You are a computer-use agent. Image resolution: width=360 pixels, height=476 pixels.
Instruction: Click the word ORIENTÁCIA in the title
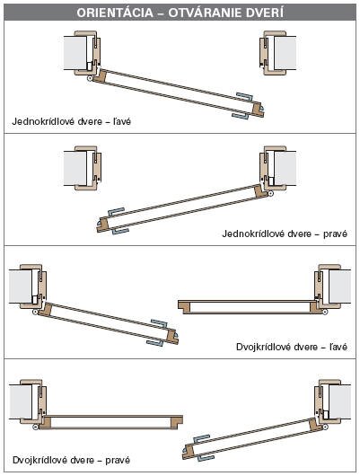(x=115, y=13)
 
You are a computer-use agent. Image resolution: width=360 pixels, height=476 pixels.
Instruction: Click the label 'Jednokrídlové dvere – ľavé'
(x=71, y=121)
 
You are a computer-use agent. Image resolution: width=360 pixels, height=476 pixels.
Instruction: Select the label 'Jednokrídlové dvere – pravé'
(x=285, y=234)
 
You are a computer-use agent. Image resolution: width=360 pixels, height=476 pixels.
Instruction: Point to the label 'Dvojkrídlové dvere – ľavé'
(x=292, y=347)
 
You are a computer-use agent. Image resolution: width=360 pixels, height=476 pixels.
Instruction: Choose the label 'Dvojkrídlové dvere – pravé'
(x=71, y=460)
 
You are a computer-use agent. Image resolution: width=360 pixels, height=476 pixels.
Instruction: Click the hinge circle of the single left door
(x=90, y=78)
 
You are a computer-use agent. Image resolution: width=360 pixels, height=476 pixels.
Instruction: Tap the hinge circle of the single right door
(x=271, y=193)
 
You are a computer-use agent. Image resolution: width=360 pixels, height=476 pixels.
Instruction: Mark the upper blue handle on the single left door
(x=245, y=96)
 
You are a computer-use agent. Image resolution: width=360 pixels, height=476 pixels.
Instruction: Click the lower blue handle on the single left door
(x=241, y=116)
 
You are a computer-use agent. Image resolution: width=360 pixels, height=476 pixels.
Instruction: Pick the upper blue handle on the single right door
(x=116, y=212)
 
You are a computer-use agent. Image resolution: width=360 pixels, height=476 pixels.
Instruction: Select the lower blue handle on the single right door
(x=120, y=232)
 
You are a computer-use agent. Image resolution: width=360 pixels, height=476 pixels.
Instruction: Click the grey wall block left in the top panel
(x=75, y=53)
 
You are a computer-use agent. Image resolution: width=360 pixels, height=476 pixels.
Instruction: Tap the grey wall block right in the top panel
(x=285, y=53)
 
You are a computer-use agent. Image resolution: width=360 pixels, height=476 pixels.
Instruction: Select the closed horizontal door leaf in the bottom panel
(x=111, y=422)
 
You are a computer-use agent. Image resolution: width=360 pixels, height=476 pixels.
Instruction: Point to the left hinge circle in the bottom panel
(x=36, y=428)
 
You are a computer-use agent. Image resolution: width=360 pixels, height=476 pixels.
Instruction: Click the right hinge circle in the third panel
(x=325, y=312)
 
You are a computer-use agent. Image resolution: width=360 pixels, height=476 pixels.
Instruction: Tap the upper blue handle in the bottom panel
(x=202, y=439)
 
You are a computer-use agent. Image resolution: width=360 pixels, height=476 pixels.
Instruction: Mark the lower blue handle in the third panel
(x=154, y=343)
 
